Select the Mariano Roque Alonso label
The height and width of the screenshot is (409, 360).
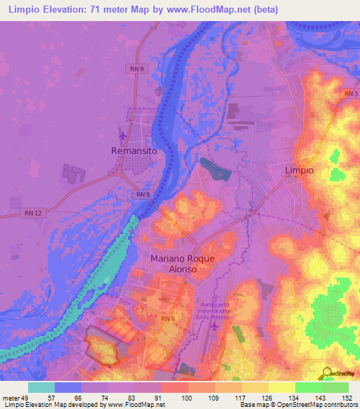(182, 264)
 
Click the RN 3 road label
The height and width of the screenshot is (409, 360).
(352, 93)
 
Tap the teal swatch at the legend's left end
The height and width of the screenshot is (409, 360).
(41, 387)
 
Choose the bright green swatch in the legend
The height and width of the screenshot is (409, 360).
(308, 387)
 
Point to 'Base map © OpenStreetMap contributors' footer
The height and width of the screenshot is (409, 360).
(298, 404)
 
